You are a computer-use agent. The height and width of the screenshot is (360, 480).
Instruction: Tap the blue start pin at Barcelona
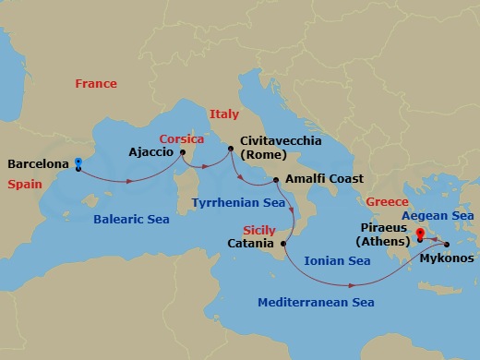[x=78, y=164]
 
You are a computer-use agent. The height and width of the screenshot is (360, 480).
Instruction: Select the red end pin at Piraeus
[x=420, y=234]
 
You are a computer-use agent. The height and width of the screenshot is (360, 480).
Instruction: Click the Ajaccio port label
[x=151, y=152]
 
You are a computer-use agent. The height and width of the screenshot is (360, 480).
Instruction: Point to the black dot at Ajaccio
[x=183, y=152]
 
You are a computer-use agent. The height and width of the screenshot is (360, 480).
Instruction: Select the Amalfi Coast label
[x=324, y=178]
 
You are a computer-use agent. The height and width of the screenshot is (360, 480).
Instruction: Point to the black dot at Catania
[x=283, y=244]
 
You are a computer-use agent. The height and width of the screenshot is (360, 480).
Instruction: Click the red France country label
[x=96, y=84]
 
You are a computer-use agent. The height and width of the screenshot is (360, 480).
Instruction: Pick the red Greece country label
[x=388, y=199]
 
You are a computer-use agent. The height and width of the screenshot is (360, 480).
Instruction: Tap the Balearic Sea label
[x=130, y=220]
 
